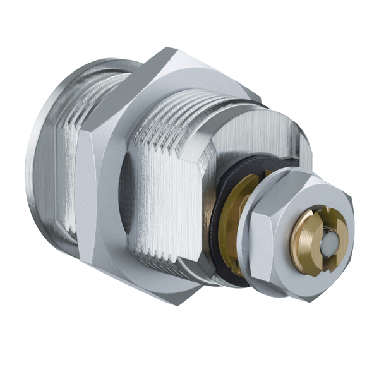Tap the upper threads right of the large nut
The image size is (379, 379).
pos(189,104)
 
